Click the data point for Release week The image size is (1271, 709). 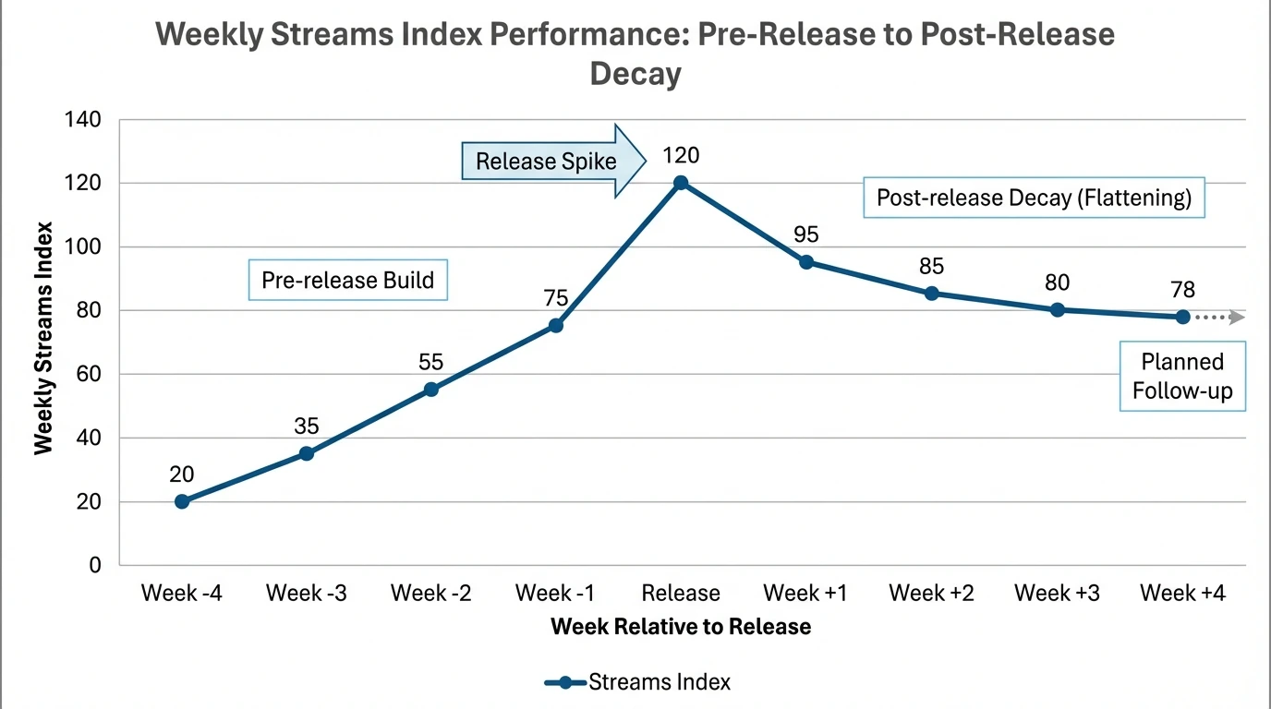tap(681, 183)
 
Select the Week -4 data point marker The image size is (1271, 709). tap(182, 501)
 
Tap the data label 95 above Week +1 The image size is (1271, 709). tap(806, 234)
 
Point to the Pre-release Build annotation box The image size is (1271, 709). tap(348, 280)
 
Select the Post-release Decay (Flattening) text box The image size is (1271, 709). tap(1034, 198)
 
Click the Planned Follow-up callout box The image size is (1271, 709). tap(1182, 377)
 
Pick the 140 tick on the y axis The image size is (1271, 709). tap(84, 120)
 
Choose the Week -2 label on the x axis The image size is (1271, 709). tap(431, 593)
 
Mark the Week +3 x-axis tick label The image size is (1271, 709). tap(1057, 593)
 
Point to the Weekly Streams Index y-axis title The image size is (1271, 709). tap(43, 339)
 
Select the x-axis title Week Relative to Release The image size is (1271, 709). tap(681, 627)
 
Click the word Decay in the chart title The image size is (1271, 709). tap(635, 73)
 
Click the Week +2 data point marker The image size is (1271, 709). tap(932, 294)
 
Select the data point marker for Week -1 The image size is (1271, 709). tap(556, 326)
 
